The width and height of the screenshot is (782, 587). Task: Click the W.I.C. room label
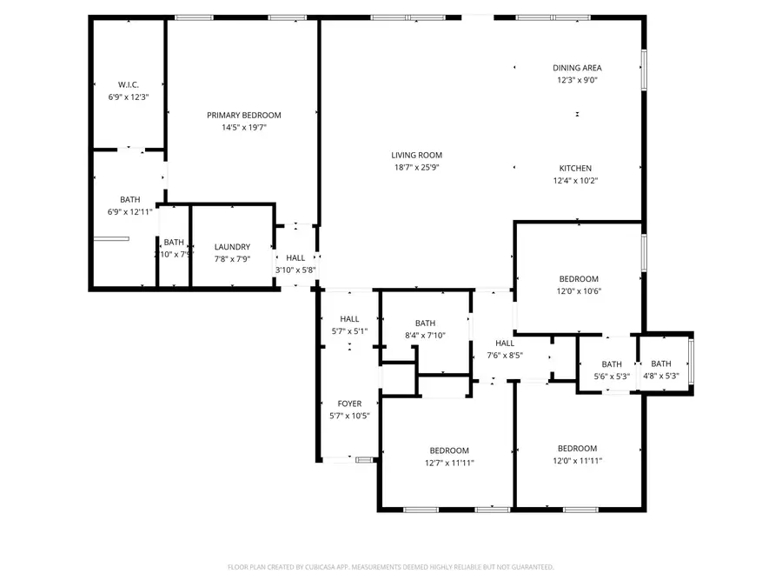(129, 84)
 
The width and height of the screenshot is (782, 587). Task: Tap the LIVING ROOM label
(417, 155)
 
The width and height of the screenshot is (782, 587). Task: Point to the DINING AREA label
(578, 68)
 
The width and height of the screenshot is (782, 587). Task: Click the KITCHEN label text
(575, 168)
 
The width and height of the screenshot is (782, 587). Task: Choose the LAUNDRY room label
(232, 246)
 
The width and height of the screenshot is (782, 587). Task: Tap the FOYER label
(350, 404)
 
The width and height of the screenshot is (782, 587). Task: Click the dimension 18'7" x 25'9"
(417, 167)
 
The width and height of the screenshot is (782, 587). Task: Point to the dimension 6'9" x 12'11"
(129, 211)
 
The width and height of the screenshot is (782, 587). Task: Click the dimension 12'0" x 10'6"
(579, 291)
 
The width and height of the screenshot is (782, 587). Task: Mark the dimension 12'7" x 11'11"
(449, 463)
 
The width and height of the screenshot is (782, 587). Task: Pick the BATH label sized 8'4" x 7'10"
(425, 323)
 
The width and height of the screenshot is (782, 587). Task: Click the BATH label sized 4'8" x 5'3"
(661, 364)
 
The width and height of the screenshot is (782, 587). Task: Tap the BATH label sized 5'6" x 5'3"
(612, 364)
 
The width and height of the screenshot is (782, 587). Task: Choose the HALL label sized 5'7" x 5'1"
(350, 319)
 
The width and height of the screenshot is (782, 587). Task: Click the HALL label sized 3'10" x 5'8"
(295, 257)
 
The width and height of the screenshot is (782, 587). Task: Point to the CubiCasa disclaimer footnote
(390, 567)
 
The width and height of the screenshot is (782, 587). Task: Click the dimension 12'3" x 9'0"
(578, 80)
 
